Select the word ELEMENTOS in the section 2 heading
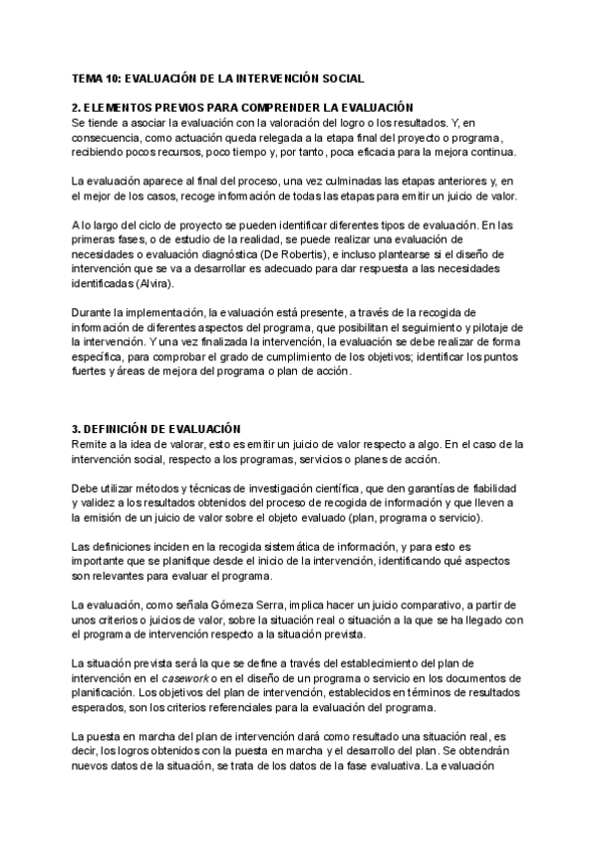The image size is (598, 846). pos(120,107)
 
